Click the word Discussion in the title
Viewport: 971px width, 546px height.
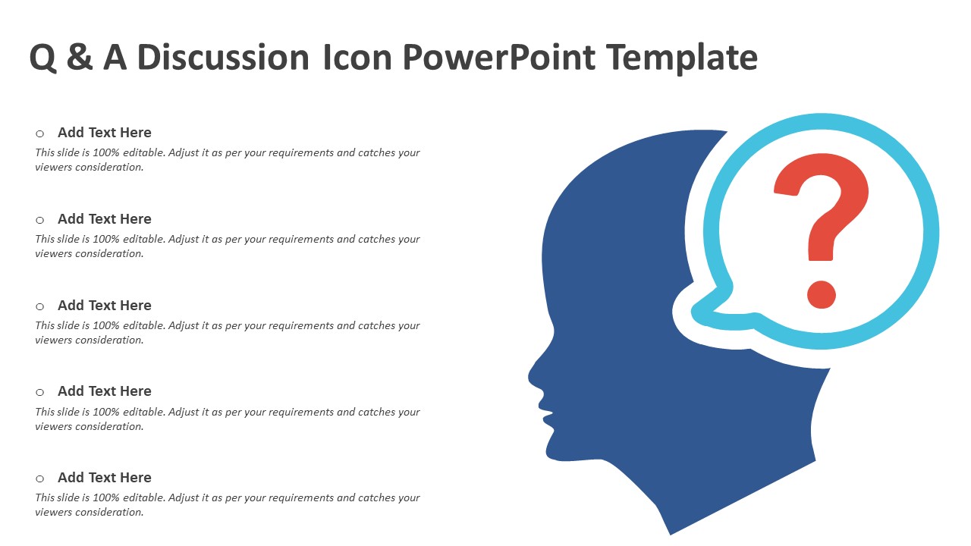pos(223,57)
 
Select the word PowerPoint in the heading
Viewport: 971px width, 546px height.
pos(499,57)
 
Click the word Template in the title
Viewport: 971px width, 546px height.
pos(682,57)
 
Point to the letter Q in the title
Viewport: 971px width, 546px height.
pos(43,58)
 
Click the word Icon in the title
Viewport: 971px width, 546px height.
pos(357,57)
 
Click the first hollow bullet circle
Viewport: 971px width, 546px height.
pos(40,133)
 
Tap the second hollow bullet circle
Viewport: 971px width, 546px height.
pos(40,220)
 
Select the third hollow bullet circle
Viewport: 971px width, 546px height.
pos(40,307)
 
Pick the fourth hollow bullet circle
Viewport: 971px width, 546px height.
pos(40,393)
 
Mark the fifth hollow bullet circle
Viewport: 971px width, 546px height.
pos(40,479)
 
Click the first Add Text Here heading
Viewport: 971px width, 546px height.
pos(105,132)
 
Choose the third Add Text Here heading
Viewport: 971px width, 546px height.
pos(105,305)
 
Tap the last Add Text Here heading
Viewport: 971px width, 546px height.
pos(105,477)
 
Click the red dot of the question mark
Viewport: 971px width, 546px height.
pos(821,294)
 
